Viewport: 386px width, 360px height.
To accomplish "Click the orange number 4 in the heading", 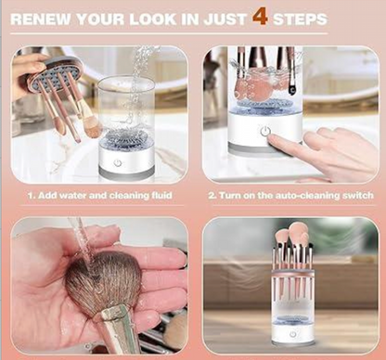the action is pos(260,17).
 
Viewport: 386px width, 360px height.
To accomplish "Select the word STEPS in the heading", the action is pos(300,19).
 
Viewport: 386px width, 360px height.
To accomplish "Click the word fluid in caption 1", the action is pos(162,196).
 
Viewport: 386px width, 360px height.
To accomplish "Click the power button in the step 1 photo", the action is pos(117,162).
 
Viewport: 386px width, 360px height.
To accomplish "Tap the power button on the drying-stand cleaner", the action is pos(292,334).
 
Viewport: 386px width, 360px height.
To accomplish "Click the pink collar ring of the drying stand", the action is pos(293,273).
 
